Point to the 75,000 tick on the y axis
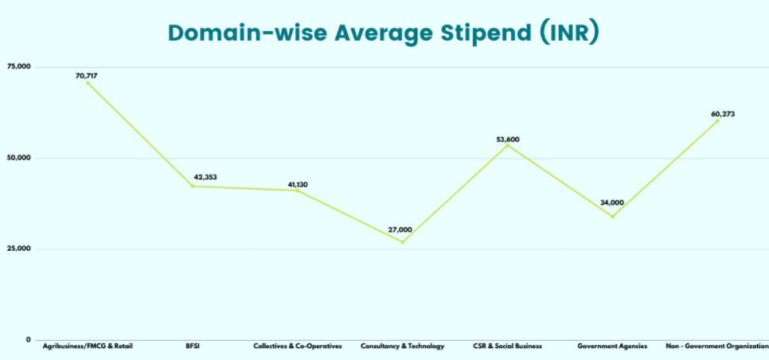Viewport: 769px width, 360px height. [18, 67]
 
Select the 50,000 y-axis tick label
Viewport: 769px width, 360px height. [18, 158]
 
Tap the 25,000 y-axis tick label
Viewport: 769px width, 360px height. [18, 248]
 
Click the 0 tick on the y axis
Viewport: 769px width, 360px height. [28, 340]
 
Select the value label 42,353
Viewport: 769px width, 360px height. [205, 177]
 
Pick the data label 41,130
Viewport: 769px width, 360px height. [298, 185]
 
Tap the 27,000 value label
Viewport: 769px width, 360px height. [400, 229]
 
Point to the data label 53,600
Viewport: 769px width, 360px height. [508, 139]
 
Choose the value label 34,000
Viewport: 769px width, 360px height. [612, 203]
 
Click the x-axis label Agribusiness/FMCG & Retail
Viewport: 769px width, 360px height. [88, 346]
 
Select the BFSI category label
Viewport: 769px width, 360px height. [192, 346]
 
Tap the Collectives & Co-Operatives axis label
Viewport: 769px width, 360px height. [297, 346]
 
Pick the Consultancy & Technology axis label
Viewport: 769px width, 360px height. [402, 346]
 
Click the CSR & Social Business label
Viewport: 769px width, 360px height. [507, 346]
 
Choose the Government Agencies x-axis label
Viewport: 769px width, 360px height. [612, 346]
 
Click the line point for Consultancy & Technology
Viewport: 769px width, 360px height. [402, 241]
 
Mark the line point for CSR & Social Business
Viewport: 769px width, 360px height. [507, 145]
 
